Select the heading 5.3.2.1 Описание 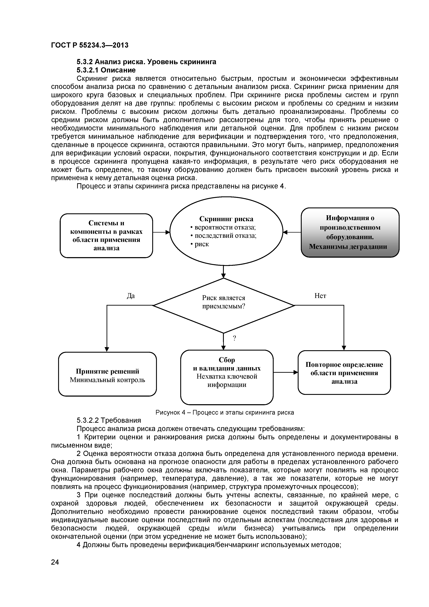(106, 70)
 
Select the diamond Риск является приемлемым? (224, 306)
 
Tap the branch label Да (131, 296)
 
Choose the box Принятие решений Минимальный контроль (107, 375)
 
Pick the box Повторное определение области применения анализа (344, 373)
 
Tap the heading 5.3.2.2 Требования (109, 420)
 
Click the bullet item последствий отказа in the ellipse (225, 235)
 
